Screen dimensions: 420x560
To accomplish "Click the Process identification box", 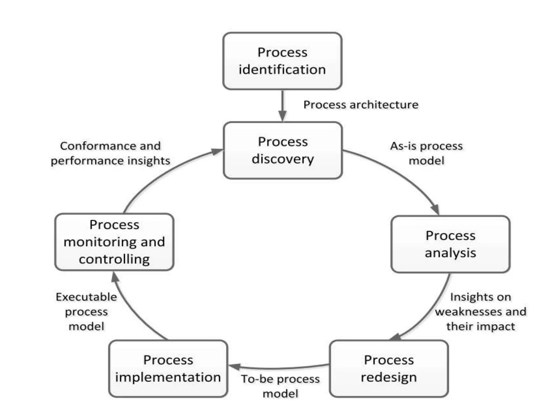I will tap(282, 61).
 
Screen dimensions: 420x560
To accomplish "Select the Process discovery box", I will tap(283, 150).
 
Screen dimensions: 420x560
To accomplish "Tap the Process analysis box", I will tap(450, 244).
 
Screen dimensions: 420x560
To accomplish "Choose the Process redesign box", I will tap(389, 369).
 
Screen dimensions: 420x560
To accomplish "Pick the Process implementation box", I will tap(168, 369).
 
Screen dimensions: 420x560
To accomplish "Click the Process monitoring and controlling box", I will tap(114, 242).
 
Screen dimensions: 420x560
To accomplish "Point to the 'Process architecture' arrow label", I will tap(361, 105).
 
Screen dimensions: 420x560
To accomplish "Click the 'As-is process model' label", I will tap(426, 153).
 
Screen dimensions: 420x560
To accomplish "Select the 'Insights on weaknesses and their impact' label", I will tap(481, 311).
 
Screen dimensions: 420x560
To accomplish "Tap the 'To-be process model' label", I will tap(280, 386).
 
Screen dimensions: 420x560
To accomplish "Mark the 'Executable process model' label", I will tap(86, 311).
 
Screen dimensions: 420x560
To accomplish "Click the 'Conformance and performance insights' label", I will tap(110, 153).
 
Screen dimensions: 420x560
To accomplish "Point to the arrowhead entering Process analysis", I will tap(435, 210).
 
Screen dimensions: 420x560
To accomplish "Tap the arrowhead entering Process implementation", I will tap(235, 367).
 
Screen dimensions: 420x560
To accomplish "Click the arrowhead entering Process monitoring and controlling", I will tap(115, 277).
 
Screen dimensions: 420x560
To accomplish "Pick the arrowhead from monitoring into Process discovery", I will tap(217, 151).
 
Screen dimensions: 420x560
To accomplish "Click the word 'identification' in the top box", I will tap(282, 69).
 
